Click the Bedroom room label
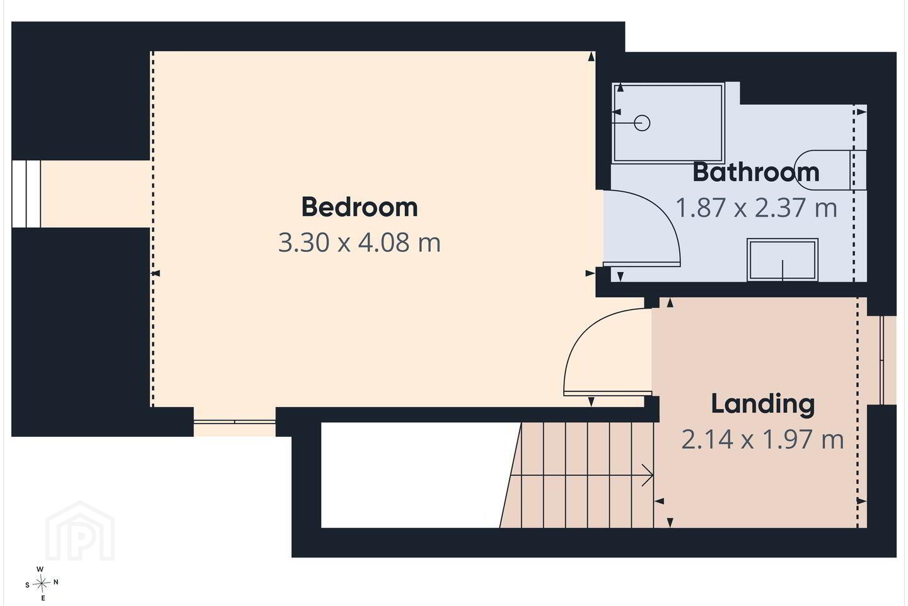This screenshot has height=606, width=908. (x=359, y=208)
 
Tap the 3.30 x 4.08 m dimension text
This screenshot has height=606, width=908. (x=359, y=243)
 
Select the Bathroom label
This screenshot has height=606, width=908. (x=756, y=172)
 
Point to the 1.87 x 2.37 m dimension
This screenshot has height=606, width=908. (x=757, y=208)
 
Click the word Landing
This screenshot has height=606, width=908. (x=763, y=405)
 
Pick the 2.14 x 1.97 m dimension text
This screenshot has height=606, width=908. (x=762, y=439)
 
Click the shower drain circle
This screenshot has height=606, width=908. (x=642, y=122)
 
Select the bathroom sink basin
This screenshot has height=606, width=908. (x=783, y=260)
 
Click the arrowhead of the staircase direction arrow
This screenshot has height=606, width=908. (x=648, y=475)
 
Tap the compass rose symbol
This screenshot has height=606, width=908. (x=41, y=584)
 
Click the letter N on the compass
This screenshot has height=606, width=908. (x=56, y=582)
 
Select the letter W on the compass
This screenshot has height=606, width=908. (x=40, y=569)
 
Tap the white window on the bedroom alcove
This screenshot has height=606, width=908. (x=26, y=194)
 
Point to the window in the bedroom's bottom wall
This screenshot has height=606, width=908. (x=235, y=422)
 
